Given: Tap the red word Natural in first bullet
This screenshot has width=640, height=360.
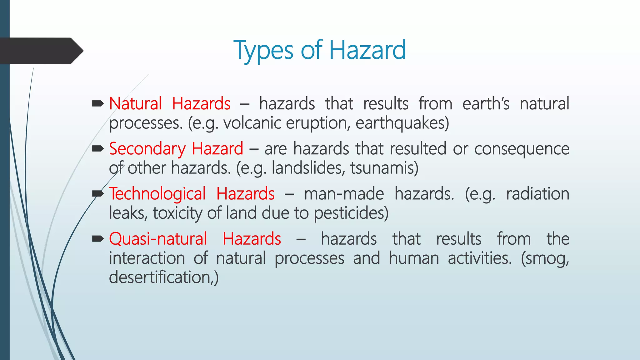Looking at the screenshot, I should (135, 104).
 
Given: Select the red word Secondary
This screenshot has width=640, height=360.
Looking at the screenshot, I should (147, 149).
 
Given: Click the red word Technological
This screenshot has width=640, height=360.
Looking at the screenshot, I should (157, 194).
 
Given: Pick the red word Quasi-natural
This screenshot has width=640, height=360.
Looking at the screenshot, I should (158, 239).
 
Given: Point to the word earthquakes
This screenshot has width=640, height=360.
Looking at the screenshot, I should (402, 123).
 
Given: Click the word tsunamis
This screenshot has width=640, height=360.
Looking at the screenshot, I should (384, 168).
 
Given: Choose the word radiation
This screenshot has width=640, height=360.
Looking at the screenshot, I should (537, 194).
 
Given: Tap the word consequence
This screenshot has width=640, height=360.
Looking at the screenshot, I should (522, 149).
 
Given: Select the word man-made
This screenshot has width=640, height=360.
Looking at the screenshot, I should (344, 194).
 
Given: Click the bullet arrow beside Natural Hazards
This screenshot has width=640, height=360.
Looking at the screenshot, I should (98, 103).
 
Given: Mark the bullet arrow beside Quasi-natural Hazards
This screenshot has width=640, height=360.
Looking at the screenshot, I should (98, 239).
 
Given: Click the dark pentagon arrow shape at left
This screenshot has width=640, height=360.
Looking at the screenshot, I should (41, 51).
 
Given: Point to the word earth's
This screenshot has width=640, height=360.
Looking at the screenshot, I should (486, 104).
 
